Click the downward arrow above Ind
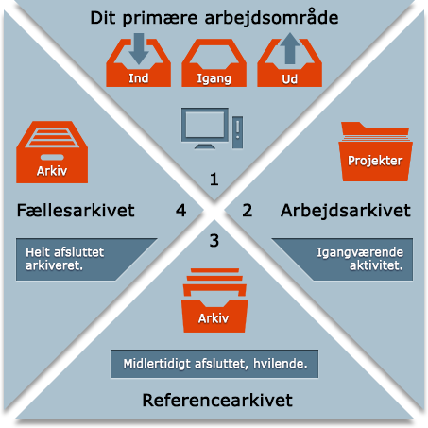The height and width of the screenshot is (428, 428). [139, 48]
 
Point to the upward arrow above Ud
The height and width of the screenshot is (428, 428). [290, 48]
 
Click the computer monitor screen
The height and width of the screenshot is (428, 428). [205, 125]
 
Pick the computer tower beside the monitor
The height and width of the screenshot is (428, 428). [238, 132]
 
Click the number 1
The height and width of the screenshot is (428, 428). [214, 180]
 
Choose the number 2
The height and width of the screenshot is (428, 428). [248, 210]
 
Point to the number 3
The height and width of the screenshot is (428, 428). [214, 241]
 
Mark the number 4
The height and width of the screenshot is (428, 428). [180, 210]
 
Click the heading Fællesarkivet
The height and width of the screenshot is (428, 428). [76, 210]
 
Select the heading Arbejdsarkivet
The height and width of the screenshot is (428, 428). [346, 211]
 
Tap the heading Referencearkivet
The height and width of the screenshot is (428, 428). [217, 401]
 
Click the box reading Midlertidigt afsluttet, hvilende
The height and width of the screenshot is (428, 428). [214, 364]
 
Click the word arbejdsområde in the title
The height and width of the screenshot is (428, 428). [271, 18]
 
